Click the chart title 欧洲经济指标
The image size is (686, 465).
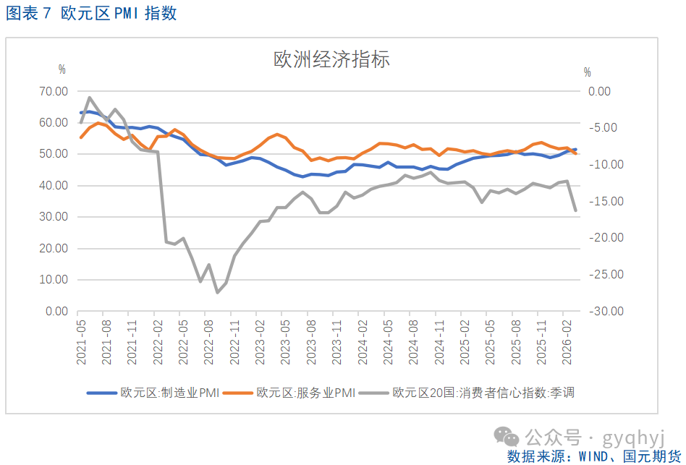click(331, 59)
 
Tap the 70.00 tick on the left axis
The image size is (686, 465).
click(54, 91)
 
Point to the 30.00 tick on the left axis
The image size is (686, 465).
click(54, 217)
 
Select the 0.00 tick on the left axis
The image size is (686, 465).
click(57, 311)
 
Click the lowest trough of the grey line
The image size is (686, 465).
click(217, 292)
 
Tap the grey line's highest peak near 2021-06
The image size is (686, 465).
click(90, 98)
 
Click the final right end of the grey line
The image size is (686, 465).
click(575, 210)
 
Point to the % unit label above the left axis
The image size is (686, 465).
click(62, 69)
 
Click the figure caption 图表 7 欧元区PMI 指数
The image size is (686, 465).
click(91, 14)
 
